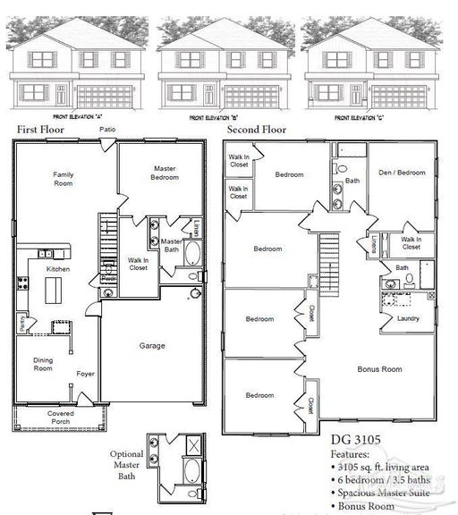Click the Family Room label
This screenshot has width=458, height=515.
63,178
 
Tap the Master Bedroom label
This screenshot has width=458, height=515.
165,173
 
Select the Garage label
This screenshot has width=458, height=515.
151,345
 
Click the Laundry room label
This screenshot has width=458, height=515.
409,317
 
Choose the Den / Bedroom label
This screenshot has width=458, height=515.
402,173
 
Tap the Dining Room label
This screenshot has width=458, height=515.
43,363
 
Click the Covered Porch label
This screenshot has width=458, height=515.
62,418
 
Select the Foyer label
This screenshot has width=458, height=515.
85,374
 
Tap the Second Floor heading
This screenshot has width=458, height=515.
256,130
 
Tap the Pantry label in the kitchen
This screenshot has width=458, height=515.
21,319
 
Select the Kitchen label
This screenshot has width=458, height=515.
59,268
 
